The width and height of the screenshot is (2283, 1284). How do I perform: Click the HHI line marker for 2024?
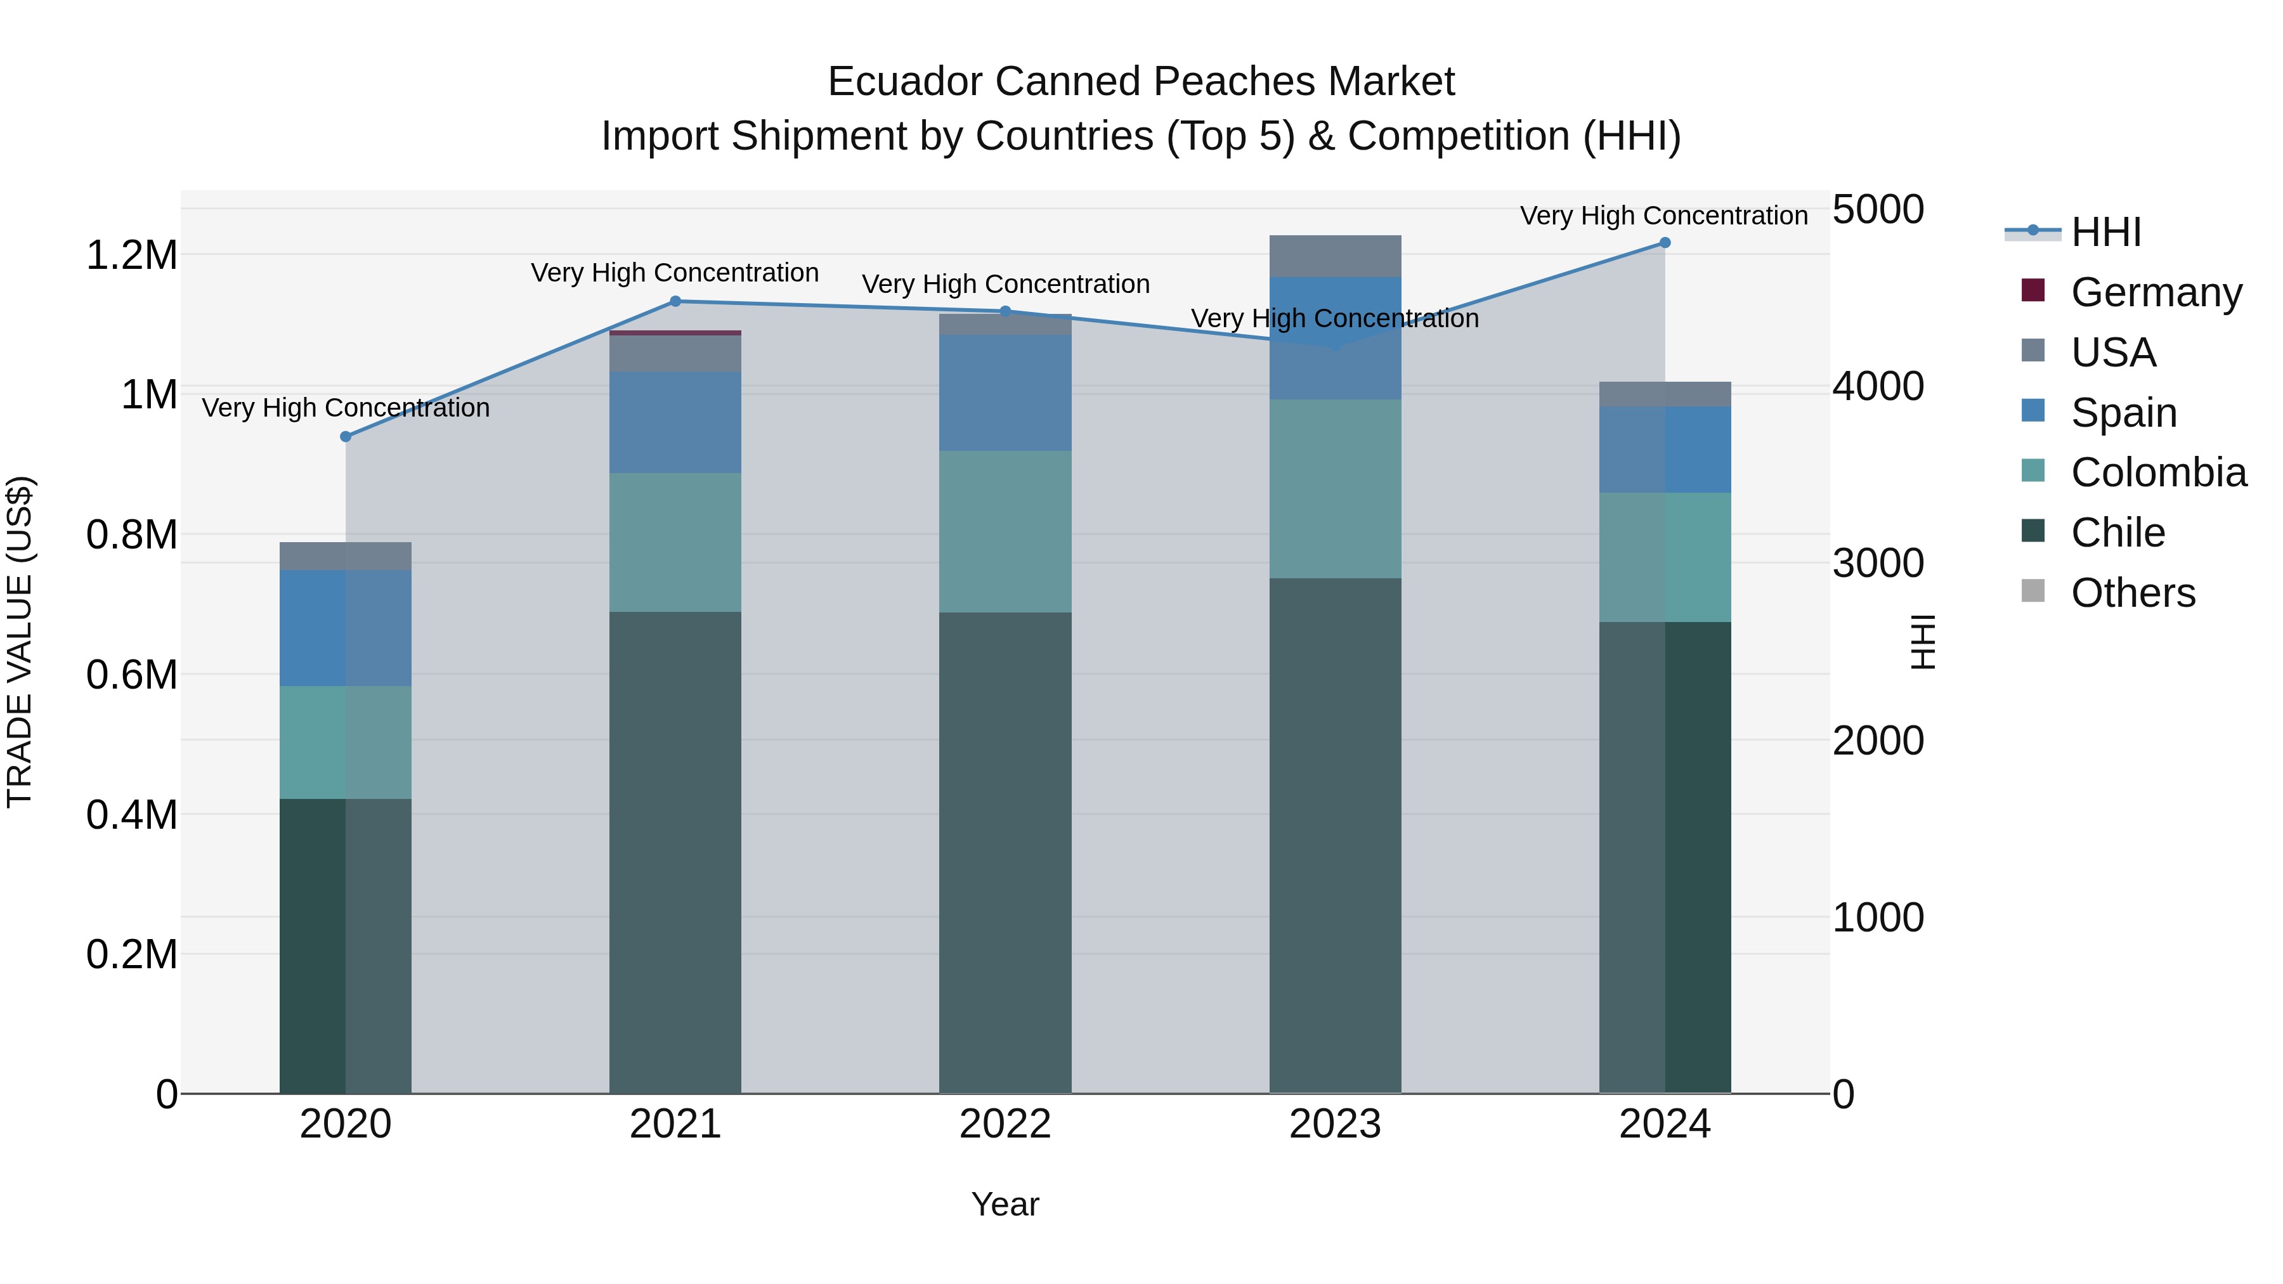point(1665,243)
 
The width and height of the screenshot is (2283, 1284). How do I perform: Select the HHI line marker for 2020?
point(346,437)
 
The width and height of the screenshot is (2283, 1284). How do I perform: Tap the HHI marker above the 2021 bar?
point(675,301)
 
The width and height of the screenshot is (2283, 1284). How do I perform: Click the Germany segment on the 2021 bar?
point(675,333)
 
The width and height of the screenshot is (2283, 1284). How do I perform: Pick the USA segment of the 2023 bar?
point(1335,256)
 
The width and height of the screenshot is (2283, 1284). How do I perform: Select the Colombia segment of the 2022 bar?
point(1005,532)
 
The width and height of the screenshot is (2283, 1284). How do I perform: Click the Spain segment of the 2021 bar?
point(675,422)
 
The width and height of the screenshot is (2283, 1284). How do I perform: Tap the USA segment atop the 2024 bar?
point(1665,394)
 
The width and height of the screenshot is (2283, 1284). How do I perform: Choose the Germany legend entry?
point(2156,292)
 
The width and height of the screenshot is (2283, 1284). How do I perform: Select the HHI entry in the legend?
point(2105,232)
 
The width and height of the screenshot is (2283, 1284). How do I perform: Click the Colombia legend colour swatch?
point(2033,471)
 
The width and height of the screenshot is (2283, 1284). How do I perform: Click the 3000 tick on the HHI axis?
point(1878,564)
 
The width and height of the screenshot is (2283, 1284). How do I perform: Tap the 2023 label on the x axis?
point(1335,1124)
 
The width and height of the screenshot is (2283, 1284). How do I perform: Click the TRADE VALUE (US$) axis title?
point(20,642)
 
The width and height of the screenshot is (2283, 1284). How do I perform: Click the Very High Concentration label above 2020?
point(346,408)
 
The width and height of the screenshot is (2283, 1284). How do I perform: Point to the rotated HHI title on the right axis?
point(1922,642)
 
